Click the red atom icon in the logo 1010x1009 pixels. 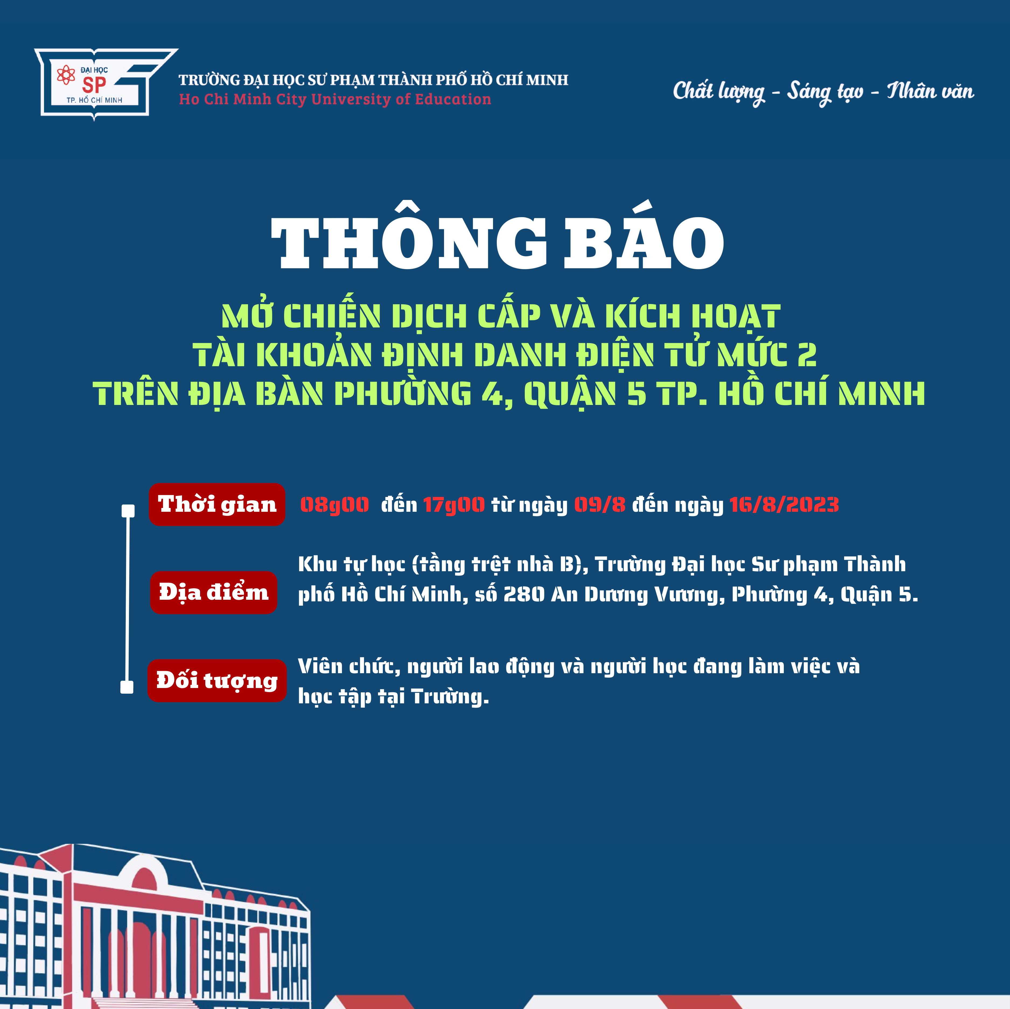click(66, 75)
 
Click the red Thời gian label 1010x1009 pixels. click(217, 504)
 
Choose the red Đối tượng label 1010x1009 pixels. click(217, 680)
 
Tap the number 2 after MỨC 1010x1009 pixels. click(807, 355)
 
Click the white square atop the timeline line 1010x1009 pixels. click(128, 510)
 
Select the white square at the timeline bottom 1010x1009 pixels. click(127, 687)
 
